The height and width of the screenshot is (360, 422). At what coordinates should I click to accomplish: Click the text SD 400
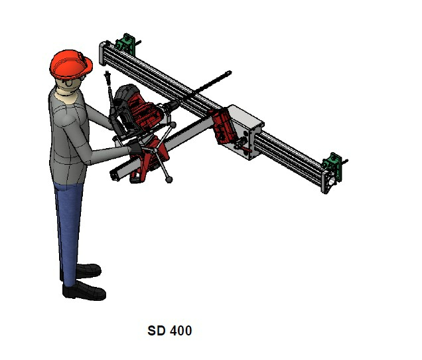click(x=169, y=330)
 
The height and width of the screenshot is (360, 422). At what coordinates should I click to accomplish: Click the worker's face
click(x=71, y=85)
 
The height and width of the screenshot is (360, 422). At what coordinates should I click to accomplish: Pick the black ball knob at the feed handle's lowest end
click(x=169, y=179)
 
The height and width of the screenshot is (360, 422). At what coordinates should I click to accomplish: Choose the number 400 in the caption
click(x=180, y=330)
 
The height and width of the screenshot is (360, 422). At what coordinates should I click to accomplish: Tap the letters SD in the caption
click(x=156, y=330)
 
